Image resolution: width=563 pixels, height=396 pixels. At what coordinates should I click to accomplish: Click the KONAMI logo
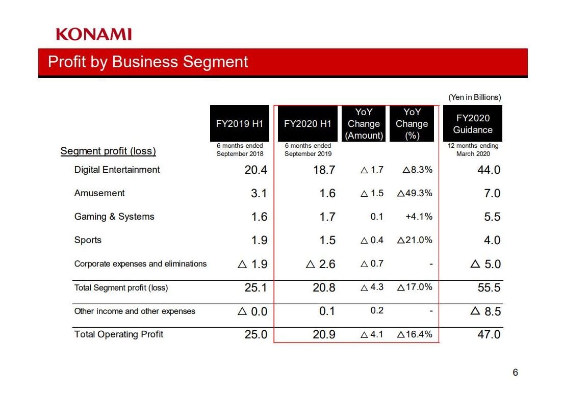[x=94, y=34]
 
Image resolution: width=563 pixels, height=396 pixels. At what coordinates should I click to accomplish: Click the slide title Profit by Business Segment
[x=148, y=62]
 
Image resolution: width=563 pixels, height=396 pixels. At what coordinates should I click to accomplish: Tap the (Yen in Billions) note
[x=474, y=97]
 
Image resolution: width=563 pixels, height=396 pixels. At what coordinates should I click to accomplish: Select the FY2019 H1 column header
[x=240, y=123]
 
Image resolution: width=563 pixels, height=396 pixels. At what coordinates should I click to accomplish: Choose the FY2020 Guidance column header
[x=473, y=123]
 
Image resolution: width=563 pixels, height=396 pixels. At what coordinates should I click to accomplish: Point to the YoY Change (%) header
[x=412, y=123]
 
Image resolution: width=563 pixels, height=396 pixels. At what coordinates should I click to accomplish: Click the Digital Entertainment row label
[x=117, y=170]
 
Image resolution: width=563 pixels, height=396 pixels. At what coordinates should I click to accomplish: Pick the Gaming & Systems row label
[x=114, y=217]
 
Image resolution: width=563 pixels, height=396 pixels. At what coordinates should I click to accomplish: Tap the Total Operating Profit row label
[x=119, y=334]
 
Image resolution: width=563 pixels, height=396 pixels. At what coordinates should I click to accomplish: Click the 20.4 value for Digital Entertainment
[x=255, y=170]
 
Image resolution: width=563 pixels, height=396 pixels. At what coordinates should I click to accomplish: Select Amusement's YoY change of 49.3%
[x=415, y=193]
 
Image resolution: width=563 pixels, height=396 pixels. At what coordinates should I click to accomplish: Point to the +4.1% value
[x=419, y=217]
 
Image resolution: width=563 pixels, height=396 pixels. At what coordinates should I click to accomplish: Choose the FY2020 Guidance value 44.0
[x=489, y=170]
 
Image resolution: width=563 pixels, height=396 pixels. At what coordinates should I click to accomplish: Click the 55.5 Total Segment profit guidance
[x=489, y=288]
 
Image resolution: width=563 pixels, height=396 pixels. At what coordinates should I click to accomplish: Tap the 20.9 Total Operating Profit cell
[x=324, y=335]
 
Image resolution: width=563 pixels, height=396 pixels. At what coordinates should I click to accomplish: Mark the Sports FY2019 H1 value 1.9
[x=259, y=241]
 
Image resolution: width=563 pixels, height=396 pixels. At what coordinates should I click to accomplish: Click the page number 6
[x=515, y=373]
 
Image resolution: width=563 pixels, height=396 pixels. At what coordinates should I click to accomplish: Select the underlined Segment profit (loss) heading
[x=108, y=151]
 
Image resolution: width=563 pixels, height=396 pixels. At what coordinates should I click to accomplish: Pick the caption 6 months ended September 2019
[x=308, y=150]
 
